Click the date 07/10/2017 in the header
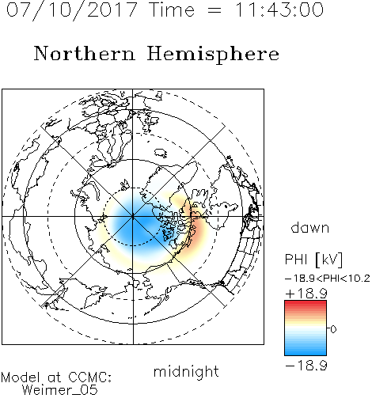pyautogui.click(x=72, y=9)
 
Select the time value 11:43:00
pyautogui.click(x=279, y=9)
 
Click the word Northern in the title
pyautogui.click(x=85, y=54)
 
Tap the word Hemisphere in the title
pyautogui.click(x=213, y=55)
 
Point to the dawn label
pyautogui.click(x=310, y=227)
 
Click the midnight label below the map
pyautogui.click(x=186, y=371)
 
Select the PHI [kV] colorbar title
pyautogui.click(x=314, y=260)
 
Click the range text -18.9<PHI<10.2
pyautogui.click(x=328, y=279)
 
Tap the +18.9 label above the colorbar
pyautogui.click(x=306, y=294)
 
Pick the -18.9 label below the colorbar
pyautogui.click(x=306, y=366)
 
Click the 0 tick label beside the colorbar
pyautogui.click(x=333, y=329)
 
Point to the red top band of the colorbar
pyautogui.click(x=306, y=304)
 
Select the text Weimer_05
pyautogui.click(x=60, y=390)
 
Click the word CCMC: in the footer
pyautogui.click(x=89, y=377)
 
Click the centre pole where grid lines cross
pyautogui.click(x=133, y=216)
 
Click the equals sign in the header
pyautogui.click(x=214, y=10)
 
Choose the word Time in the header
pyautogui.click(x=172, y=9)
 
